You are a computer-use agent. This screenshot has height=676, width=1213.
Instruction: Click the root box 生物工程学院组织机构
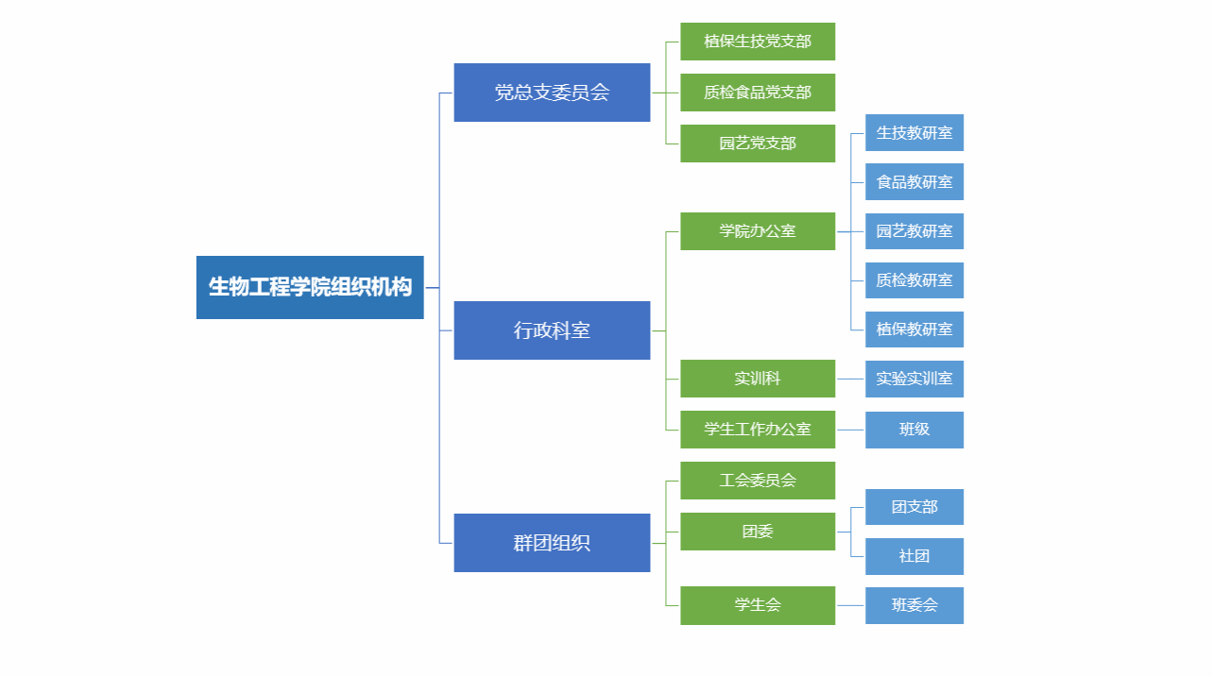(310, 287)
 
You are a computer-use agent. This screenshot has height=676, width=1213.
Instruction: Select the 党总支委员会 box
(552, 93)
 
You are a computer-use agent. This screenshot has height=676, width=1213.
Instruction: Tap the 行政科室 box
(552, 330)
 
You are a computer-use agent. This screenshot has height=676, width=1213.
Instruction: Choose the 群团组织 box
(552, 543)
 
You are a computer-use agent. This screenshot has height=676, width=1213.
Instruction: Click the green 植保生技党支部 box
(758, 42)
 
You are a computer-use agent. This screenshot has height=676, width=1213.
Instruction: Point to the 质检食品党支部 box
(758, 93)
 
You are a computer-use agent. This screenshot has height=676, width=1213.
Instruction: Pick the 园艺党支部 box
(758, 144)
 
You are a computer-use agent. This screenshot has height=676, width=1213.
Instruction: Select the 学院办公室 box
(758, 231)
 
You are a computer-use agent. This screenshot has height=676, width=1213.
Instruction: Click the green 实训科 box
(758, 379)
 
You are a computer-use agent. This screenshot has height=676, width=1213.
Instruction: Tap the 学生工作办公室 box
(758, 430)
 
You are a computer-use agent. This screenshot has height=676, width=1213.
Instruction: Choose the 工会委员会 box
(758, 481)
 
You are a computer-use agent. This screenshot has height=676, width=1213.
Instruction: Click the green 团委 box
(758, 532)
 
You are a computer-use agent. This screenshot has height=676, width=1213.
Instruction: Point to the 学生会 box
(758, 605)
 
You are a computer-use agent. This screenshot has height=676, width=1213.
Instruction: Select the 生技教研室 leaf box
(914, 132)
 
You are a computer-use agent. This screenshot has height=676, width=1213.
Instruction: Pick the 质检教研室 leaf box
(914, 280)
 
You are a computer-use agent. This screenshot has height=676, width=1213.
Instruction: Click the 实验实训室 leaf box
(914, 379)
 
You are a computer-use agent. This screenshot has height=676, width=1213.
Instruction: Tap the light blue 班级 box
(914, 430)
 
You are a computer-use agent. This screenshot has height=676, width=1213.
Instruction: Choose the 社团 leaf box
(914, 556)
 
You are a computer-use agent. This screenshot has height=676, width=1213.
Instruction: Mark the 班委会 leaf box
(914, 605)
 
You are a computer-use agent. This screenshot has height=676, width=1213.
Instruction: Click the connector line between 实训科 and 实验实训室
(850, 379)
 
